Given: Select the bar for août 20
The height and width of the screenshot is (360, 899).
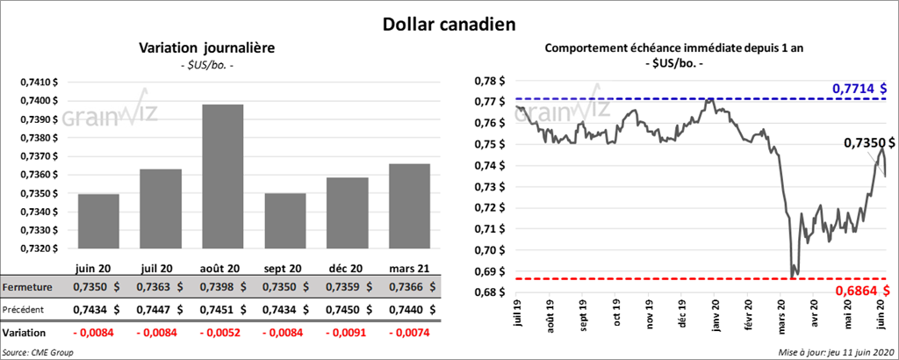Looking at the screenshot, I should pos(222,176).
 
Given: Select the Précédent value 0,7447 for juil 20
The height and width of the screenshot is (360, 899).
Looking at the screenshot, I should pos(155,310).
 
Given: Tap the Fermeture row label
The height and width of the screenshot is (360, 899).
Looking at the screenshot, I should pos(28,287).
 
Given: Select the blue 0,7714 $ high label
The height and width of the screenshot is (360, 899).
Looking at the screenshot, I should pos(859,89).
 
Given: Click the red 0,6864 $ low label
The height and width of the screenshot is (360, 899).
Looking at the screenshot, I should pos(859,289).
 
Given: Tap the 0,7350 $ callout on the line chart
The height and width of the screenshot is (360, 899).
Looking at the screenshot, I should pos(868,142).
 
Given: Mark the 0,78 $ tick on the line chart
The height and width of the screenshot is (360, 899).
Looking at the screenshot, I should pos(486,80).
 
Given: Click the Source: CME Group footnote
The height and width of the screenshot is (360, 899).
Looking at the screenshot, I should pos(37,351).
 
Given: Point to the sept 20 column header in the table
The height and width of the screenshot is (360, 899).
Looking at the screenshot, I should pos(283,267).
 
